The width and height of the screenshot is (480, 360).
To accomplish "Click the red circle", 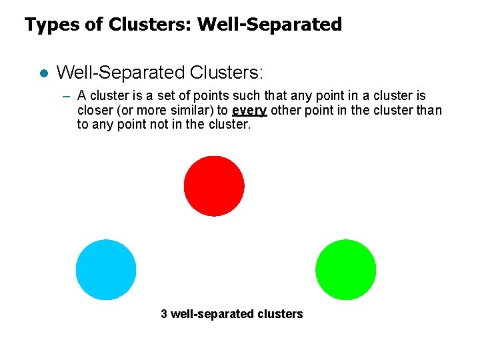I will (214, 185).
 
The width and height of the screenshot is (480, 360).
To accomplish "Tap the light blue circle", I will (106, 269).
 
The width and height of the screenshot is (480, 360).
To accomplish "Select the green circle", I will (345, 269).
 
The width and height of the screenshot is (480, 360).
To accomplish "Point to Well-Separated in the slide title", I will (270, 25).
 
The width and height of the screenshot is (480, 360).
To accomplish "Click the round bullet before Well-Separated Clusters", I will (42, 73).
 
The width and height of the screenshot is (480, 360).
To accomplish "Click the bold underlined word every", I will (249, 111).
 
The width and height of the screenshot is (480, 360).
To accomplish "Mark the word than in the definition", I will (429, 111).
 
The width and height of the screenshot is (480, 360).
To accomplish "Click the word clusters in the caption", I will (282, 314).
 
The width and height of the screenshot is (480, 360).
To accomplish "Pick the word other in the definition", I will (287, 111).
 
